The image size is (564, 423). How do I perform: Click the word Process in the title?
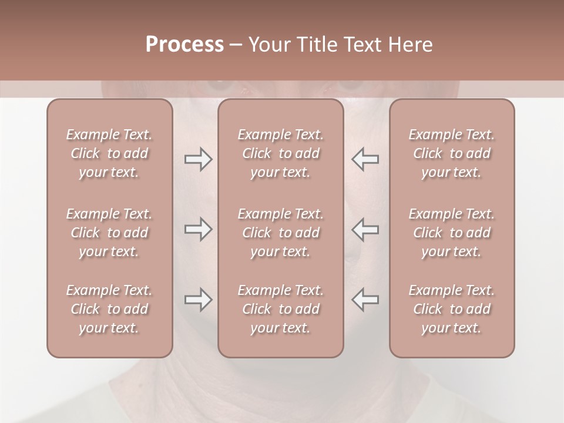click(x=184, y=45)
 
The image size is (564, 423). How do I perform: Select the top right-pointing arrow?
click(x=198, y=160)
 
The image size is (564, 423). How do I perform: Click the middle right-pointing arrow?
click(x=198, y=229)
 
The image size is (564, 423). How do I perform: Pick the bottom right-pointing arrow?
click(x=198, y=300)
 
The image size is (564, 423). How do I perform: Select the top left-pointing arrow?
click(x=365, y=160)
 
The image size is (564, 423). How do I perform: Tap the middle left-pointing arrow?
click(x=365, y=229)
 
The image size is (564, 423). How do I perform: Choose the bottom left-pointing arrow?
click(x=365, y=300)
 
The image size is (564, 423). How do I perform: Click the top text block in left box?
click(x=109, y=153)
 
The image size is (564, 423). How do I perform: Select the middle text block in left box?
click(x=109, y=233)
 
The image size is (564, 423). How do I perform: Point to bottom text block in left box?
click(x=109, y=309)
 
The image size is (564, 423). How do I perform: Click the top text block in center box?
click(x=280, y=153)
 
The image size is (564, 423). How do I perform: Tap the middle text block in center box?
click(x=280, y=233)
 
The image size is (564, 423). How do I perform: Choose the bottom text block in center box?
click(x=280, y=309)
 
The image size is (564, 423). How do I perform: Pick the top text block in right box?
click(x=451, y=153)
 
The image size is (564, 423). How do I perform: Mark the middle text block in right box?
click(x=451, y=233)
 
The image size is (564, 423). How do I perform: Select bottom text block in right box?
click(x=451, y=309)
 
